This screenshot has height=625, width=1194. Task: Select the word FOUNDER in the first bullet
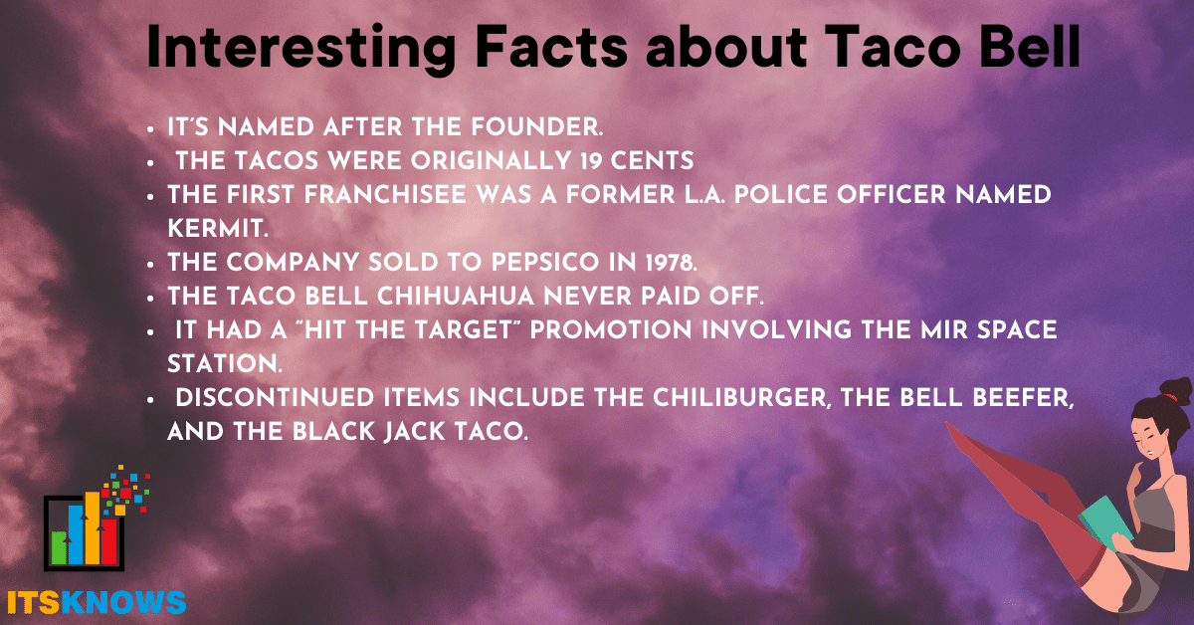[x=536, y=127]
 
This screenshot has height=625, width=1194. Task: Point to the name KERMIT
[x=218, y=229]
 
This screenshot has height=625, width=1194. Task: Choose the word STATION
[x=225, y=363]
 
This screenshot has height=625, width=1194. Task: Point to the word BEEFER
[x=1023, y=398]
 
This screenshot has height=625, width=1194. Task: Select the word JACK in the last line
[x=414, y=431]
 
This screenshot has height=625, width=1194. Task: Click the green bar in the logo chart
[x=59, y=547]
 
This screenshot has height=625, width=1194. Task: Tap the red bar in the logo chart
[x=108, y=541]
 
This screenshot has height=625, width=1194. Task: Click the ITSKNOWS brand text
[x=97, y=602]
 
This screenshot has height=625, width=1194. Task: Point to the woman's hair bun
[x=1176, y=392]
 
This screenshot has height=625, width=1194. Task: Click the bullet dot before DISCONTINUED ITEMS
[x=151, y=399]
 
